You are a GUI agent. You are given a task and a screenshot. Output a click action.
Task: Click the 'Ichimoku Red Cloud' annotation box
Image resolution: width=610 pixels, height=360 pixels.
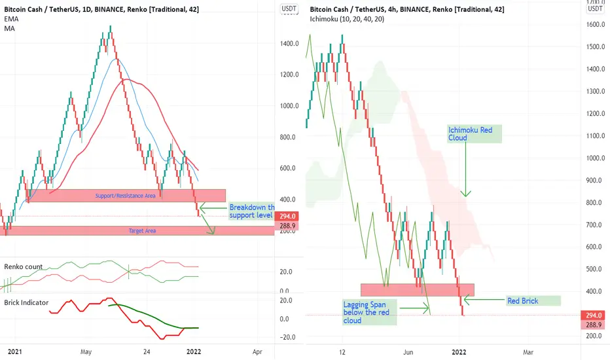[474, 134]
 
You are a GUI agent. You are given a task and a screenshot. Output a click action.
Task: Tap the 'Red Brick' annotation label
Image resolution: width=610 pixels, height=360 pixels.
[533, 300]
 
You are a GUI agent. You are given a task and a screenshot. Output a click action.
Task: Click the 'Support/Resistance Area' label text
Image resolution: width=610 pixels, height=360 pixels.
[125, 196]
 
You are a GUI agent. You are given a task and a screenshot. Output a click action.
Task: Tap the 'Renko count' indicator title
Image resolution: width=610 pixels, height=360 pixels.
[24, 266]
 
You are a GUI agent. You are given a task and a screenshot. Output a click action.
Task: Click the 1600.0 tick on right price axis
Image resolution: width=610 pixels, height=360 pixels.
[594, 25]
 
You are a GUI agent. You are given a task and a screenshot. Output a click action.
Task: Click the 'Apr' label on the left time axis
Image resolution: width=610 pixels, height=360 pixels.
[257, 351]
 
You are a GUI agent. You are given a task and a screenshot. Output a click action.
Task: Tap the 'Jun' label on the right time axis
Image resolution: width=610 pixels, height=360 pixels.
[409, 351]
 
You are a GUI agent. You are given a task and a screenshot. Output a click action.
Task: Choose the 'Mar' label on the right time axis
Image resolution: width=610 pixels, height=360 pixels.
[528, 351]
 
